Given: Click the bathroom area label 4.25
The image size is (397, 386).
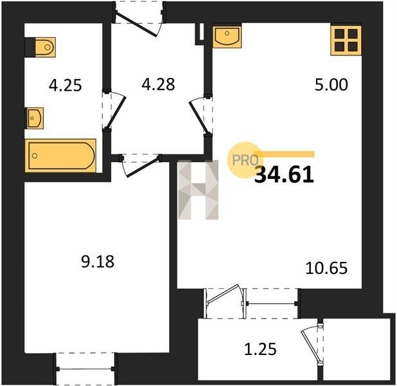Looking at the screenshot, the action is [66, 85].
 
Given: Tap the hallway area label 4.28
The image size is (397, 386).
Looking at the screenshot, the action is [158, 84].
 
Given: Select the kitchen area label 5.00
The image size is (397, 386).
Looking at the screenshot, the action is [331, 85].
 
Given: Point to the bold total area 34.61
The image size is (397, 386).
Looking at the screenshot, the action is [284, 176].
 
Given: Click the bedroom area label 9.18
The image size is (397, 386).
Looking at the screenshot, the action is [98, 261].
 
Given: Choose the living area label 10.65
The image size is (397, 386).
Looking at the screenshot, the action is [326, 268].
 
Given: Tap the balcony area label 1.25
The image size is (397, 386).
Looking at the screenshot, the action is [260, 349].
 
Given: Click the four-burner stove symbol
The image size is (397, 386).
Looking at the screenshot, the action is [346, 41].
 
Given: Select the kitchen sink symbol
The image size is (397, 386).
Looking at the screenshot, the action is [227, 37].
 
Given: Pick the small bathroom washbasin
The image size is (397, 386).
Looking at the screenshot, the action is [35, 118].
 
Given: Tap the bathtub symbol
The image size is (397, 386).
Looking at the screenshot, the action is [61, 156].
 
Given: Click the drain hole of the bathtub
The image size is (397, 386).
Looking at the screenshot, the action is [35, 156].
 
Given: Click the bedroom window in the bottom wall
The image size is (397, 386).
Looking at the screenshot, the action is [85, 369].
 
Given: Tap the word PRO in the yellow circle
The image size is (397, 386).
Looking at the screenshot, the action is [245, 160].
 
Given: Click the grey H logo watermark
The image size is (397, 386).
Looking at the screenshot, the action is [198, 190].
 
